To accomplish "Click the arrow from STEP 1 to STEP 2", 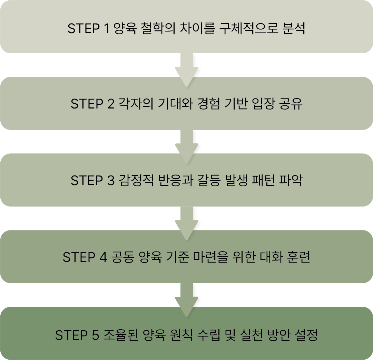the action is click(186, 68).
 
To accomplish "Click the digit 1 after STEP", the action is click(106, 28).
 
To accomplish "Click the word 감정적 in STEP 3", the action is click(136, 181).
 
